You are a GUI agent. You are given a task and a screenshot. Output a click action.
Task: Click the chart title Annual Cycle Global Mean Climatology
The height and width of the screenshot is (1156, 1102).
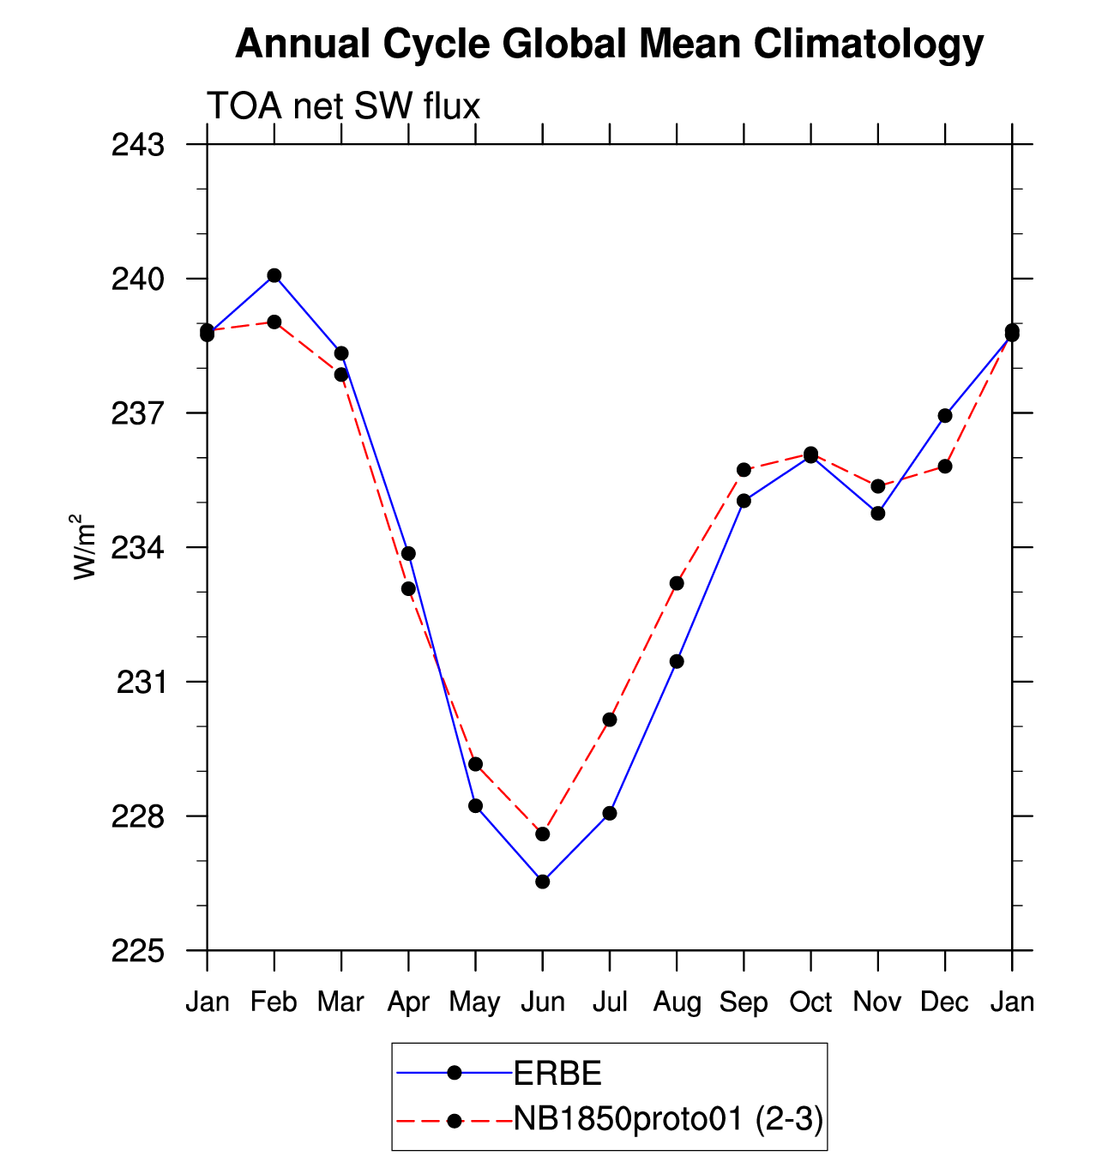[609, 44]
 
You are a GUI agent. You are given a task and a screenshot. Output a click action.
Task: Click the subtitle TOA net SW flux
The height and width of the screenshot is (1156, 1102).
[343, 106]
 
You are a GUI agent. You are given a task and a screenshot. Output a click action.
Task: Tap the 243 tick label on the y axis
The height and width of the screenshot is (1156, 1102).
[138, 145]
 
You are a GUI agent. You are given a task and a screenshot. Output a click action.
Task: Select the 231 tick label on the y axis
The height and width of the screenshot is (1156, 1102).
[140, 682]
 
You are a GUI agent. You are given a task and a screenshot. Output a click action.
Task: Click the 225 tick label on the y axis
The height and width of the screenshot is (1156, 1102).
[138, 950]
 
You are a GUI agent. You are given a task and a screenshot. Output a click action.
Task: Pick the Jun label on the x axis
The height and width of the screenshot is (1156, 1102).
[543, 1002]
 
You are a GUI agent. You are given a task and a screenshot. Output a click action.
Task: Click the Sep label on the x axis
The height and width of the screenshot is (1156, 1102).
[744, 1002]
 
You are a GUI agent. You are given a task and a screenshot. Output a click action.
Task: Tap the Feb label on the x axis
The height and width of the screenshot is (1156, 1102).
[274, 1002]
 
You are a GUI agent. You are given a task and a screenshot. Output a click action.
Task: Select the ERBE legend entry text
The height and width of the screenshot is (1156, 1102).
[557, 1073]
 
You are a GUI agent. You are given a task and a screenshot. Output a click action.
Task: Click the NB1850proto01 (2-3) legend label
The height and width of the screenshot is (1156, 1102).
[668, 1118]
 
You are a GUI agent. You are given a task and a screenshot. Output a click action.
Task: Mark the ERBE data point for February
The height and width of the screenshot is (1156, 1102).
[274, 275]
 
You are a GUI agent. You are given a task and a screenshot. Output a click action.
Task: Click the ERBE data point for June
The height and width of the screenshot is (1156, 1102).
[543, 882]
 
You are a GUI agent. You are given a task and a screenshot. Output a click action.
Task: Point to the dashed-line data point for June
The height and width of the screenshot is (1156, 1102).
[543, 834]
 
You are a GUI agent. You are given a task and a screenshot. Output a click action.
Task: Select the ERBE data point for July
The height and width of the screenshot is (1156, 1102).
[610, 813]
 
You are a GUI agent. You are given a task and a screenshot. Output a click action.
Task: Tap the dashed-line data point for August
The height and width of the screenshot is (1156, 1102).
[677, 583]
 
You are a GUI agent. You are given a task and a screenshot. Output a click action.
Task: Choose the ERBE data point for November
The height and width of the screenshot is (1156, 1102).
[877, 513]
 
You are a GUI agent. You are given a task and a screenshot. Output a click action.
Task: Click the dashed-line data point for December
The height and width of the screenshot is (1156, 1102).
[945, 467]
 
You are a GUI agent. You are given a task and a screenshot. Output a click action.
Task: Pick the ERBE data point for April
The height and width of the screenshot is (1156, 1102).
[408, 553]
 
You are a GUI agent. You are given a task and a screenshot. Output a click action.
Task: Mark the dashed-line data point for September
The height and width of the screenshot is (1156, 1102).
[744, 470]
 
